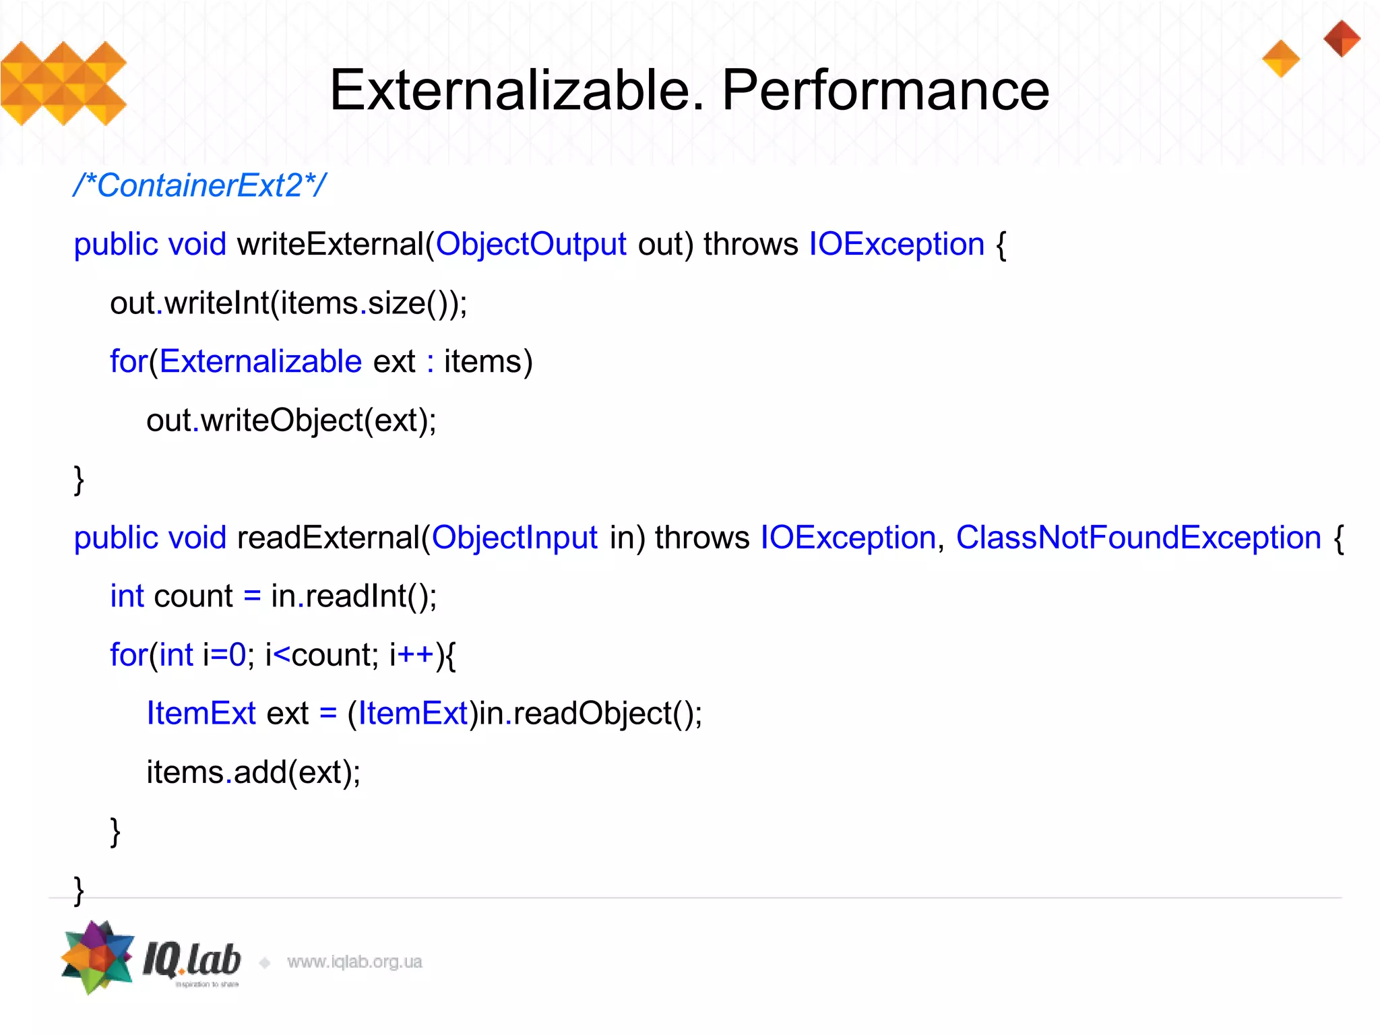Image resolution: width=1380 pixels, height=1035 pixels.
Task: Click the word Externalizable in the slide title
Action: pos(516,90)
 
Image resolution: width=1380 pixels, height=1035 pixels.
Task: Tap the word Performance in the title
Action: pos(885,90)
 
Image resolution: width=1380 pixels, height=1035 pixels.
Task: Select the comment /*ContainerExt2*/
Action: pos(200,185)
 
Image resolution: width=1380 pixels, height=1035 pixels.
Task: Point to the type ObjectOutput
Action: pos(531,244)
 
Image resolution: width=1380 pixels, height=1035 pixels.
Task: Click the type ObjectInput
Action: pos(515,538)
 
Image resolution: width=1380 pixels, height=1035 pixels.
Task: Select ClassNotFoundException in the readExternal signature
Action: pos(1139,538)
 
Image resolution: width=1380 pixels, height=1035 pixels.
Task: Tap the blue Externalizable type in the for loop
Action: pos(261,362)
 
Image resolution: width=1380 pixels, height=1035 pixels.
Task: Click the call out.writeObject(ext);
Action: pos(291,420)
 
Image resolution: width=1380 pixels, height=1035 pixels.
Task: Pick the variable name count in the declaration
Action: pos(193,596)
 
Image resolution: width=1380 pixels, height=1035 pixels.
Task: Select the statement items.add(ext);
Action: pos(253,772)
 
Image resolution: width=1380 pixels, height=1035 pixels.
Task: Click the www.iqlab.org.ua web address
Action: pos(354,962)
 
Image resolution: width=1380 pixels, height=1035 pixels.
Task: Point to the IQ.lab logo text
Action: pos(192,960)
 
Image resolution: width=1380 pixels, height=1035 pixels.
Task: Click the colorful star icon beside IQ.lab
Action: pos(98,957)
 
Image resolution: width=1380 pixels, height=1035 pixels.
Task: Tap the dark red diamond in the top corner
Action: pos(1342,38)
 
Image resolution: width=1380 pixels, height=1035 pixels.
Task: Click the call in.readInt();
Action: pos(354,596)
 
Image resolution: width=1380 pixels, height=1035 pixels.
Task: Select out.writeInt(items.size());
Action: pos(288,303)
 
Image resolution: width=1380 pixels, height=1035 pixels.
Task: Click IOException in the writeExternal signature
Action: pos(896,244)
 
